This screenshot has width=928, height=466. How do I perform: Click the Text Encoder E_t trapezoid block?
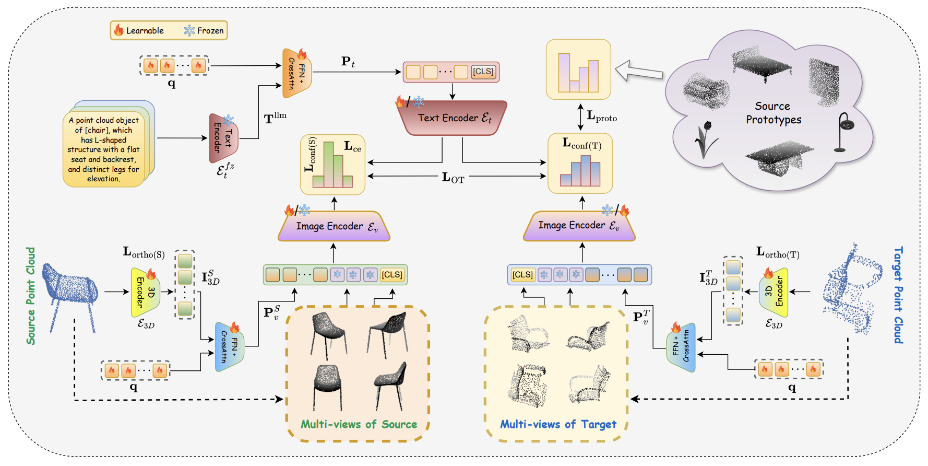452,118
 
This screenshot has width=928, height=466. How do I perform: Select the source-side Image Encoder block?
335,226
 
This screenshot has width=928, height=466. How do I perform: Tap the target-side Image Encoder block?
579,226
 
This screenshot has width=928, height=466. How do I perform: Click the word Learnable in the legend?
145,31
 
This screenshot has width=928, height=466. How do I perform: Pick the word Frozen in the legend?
210,31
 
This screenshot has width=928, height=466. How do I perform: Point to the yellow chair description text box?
104,149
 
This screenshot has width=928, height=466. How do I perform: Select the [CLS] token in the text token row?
483,72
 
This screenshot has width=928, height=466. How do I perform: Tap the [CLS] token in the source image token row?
391,275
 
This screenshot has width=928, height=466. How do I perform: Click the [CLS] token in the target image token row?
522,275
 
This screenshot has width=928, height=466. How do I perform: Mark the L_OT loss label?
453,178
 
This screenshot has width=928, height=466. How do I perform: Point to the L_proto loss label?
601,116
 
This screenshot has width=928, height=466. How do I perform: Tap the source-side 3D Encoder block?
145,293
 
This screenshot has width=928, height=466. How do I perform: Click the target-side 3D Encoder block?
774,292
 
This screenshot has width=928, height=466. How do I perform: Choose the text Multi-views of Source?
359,424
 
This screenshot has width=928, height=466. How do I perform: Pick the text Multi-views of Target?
558,424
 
